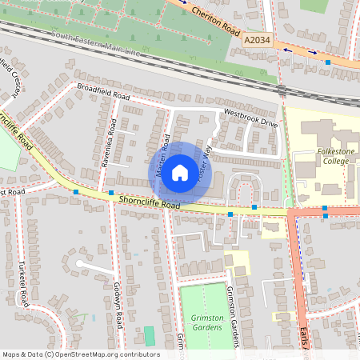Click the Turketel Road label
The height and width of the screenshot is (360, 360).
pos(25,288)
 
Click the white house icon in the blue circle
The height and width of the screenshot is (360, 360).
pos(180,172)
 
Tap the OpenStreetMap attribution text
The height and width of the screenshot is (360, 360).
pos(81,354)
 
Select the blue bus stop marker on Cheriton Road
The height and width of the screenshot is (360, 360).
pos(328,62)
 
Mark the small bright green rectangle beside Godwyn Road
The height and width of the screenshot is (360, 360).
pos(149,335)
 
